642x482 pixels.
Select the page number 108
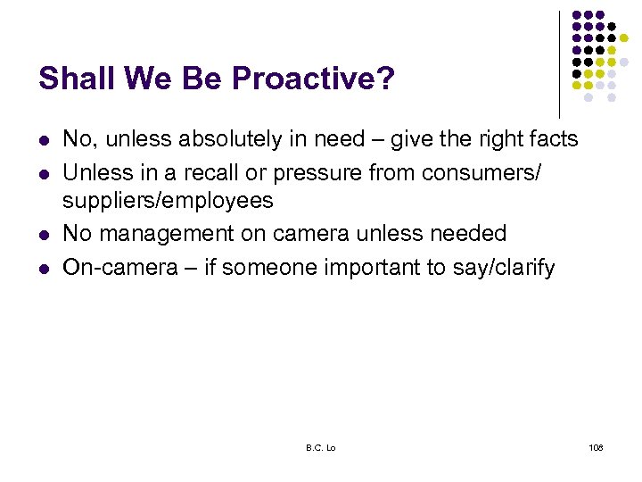[x=596, y=446]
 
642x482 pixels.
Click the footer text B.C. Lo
[x=320, y=446]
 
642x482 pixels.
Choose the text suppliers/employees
[x=168, y=201]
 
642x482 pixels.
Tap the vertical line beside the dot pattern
[x=559, y=62]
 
